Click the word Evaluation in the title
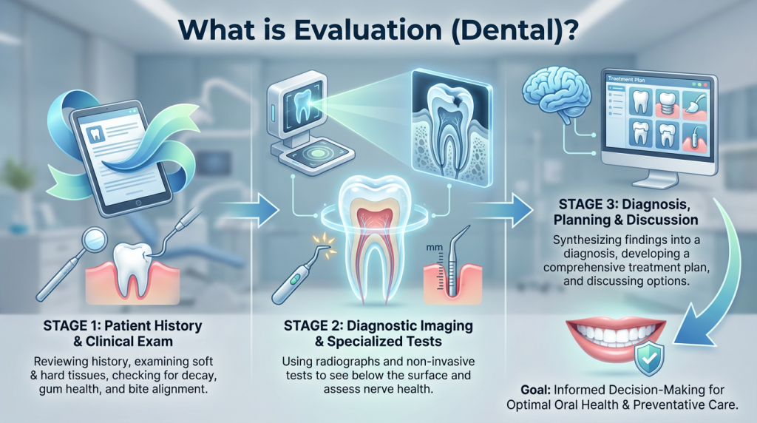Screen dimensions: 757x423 point(368,30)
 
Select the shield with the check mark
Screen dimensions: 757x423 point(649,359)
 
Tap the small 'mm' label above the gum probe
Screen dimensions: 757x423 point(435,247)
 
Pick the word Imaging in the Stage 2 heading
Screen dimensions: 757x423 point(444,326)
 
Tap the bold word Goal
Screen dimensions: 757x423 point(535,390)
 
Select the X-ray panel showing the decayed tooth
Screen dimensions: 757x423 point(450,129)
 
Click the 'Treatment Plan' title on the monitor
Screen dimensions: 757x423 point(626,79)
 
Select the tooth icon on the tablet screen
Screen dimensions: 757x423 point(95,135)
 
